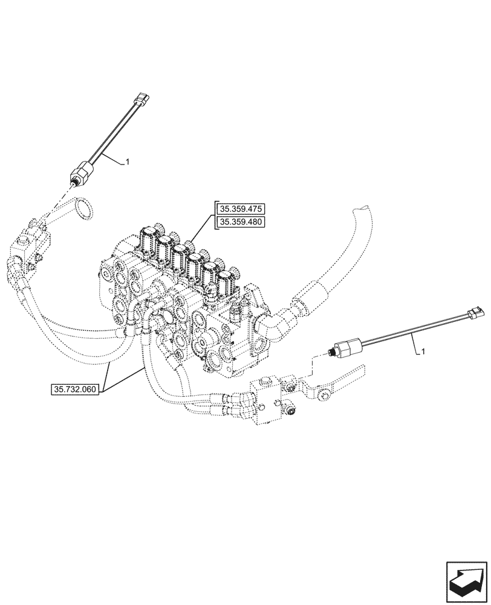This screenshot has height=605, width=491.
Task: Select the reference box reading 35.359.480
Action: click(x=241, y=222)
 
